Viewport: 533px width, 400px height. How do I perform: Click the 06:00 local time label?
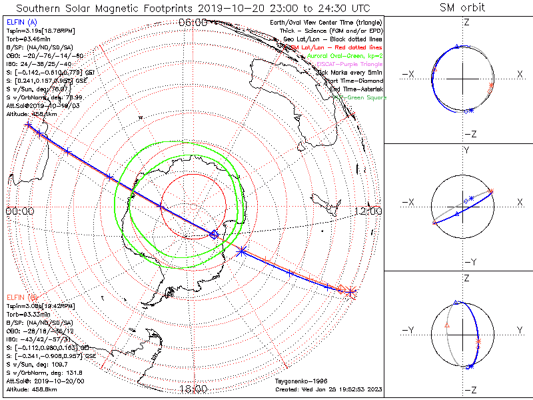tap(193, 22)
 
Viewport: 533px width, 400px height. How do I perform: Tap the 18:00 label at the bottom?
tap(193, 389)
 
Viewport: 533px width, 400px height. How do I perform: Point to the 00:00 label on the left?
tap(19, 211)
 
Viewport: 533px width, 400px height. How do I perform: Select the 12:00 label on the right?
tap(368, 211)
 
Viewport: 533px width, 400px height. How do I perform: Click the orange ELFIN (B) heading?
tap(23, 297)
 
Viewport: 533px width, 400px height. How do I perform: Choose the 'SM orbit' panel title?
tap(462, 8)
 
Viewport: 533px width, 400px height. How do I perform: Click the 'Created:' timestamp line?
tap(328, 389)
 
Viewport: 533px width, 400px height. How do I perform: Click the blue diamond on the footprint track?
tap(214, 234)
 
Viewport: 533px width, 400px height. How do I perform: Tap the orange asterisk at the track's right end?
tap(351, 291)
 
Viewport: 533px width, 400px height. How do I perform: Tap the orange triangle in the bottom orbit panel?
tap(447, 325)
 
